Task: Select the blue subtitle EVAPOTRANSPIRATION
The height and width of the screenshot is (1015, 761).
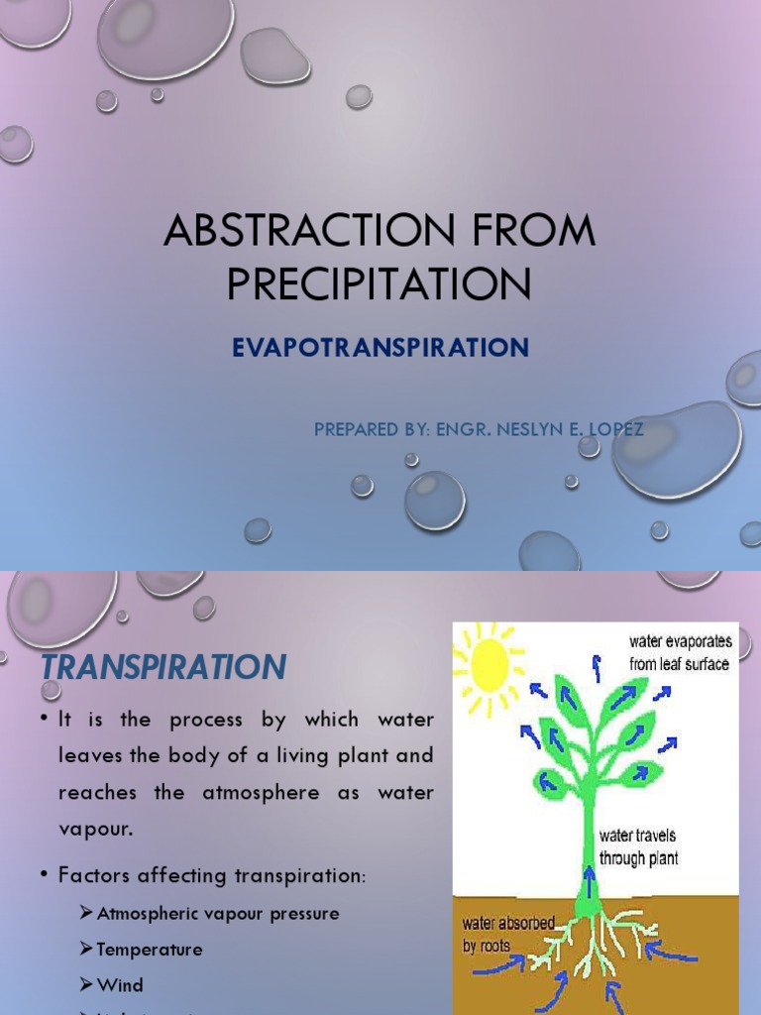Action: [x=380, y=348]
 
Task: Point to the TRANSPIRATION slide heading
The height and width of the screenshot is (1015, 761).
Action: [x=163, y=667]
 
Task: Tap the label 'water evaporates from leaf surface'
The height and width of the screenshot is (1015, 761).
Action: [x=680, y=653]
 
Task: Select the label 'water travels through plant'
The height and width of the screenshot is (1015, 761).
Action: [x=639, y=847]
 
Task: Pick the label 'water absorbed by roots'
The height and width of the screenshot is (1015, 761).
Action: [x=507, y=934]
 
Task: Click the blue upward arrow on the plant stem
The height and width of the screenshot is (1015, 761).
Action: [x=589, y=878]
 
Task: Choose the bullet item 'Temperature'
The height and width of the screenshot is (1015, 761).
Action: [x=150, y=949]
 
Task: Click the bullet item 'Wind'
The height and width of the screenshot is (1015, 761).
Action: [x=120, y=984]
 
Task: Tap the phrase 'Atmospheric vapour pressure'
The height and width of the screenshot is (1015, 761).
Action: [x=218, y=913]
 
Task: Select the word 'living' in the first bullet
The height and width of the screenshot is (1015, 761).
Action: [x=278, y=755]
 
